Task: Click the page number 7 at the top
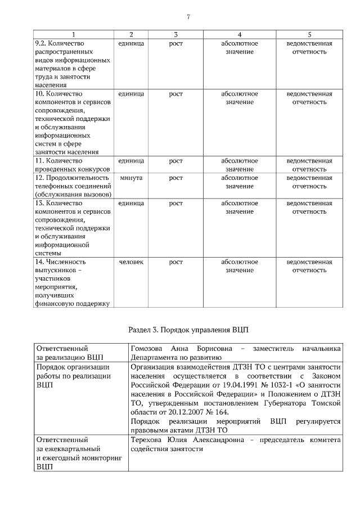click(x=188, y=16)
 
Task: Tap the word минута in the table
click(x=131, y=178)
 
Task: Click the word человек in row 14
click(x=131, y=262)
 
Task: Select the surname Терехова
click(x=148, y=440)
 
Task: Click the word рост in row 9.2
click(x=175, y=43)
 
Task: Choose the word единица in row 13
click(x=131, y=203)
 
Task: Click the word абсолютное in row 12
click(x=240, y=178)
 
